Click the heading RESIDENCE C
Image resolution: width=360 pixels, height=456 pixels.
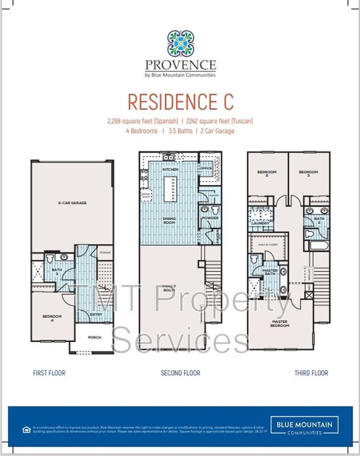pyautogui.click(x=180, y=101)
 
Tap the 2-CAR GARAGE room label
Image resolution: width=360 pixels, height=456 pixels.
pyautogui.click(x=72, y=202)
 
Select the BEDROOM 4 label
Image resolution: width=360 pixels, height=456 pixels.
pyautogui.click(x=52, y=317)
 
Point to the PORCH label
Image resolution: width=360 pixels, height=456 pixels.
pyautogui.click(x=94, y=337)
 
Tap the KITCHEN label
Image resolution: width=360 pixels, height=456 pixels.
pyautogui.click(x=171, y=170)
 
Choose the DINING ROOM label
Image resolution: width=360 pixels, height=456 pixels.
pyautogui.click(x=169, y=221)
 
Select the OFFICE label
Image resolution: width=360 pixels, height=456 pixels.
pyautogui.click(x=206, y=169)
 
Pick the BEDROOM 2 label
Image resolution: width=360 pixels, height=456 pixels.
pyautogui.click(x=266, y=172)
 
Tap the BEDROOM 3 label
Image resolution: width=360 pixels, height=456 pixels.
pyautogui.click(x=308, y=172)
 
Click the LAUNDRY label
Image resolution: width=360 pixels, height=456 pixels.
pyautogui.click(x=260, y=223)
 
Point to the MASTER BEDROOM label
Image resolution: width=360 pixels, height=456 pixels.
pyautogui.click(x=280, y=324)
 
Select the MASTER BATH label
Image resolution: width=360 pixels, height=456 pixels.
pyautogui.click(x=270, y=272)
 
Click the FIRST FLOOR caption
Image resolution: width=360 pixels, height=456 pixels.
pyautogui.click(x=49, y=373)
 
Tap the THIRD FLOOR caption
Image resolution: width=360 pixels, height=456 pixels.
pyautogui.click(x=311, y=373)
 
